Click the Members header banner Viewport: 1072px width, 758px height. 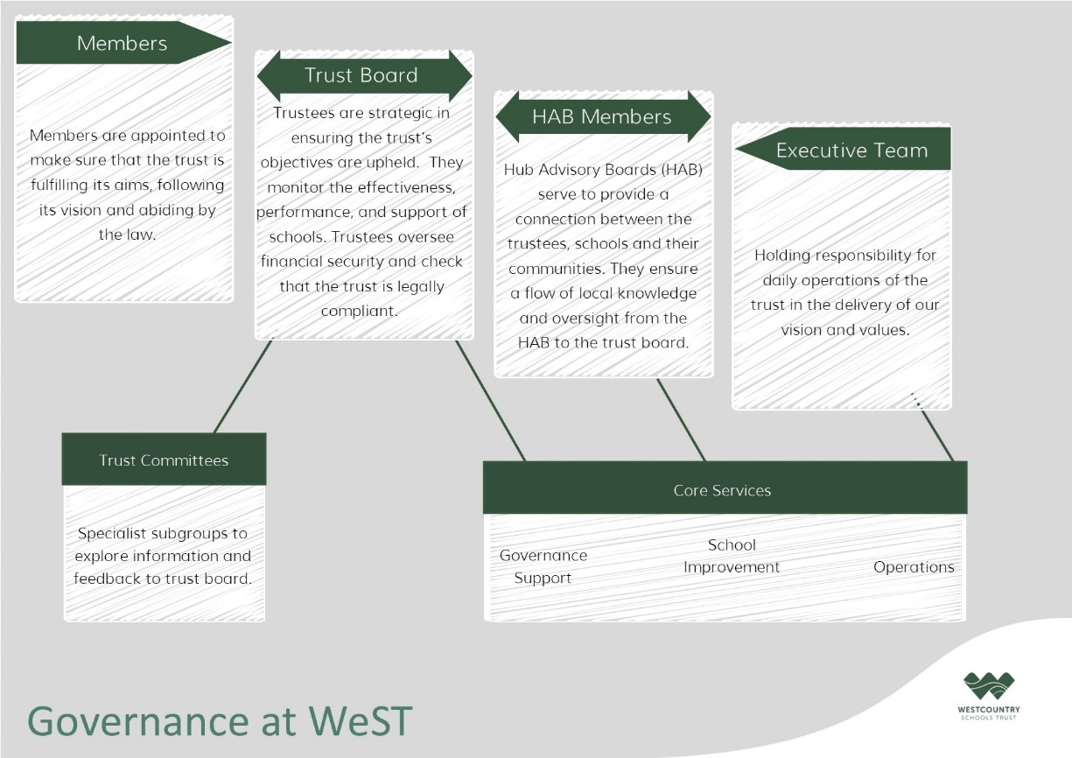click(123, 43)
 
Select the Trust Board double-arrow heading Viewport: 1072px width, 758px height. click(364, 75)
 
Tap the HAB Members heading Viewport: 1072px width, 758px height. click(603, 116)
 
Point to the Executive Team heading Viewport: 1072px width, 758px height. click(843, 149)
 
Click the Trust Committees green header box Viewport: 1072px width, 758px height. click(164, 460)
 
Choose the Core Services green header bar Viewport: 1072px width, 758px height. click(725, 488)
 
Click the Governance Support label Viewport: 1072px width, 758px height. click(543, 566)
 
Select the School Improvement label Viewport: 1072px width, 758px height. click(732, 556)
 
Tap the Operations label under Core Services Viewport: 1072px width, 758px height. click(914, 567)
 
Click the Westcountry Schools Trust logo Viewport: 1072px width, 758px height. click(989, 695)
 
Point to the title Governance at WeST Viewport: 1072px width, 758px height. click(220, 720)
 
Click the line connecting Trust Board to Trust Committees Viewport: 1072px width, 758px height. click(243, 386)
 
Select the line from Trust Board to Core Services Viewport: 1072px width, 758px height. click(491, 401)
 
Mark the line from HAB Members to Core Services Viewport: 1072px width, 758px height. click(681, 420)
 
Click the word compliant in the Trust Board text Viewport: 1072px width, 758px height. click(360, 311)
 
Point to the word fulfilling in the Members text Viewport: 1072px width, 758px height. click(60, 186)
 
